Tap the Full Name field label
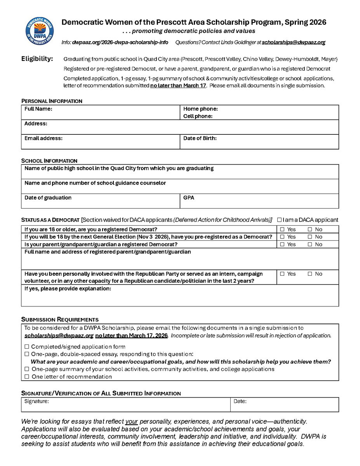click(38, 109)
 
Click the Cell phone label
click(198, 116)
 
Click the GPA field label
click(189, 198)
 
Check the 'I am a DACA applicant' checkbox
click(279, 220)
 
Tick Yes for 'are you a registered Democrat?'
click(282, 230)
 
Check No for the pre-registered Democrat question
click(310, 237)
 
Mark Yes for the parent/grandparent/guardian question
click(282, 245)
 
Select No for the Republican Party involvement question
click(310, 274)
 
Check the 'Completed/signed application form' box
click(27, 347)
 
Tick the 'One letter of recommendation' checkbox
click(27, 377)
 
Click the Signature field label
click(37, 402)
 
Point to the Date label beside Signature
click(240, 402)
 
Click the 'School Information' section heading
click(49, 161)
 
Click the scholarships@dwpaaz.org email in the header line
click(293, 42)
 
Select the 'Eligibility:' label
click(37, 59)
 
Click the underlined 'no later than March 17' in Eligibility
click(178, 85)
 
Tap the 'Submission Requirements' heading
click(59, 320)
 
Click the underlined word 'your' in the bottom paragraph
click(132, 421)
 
